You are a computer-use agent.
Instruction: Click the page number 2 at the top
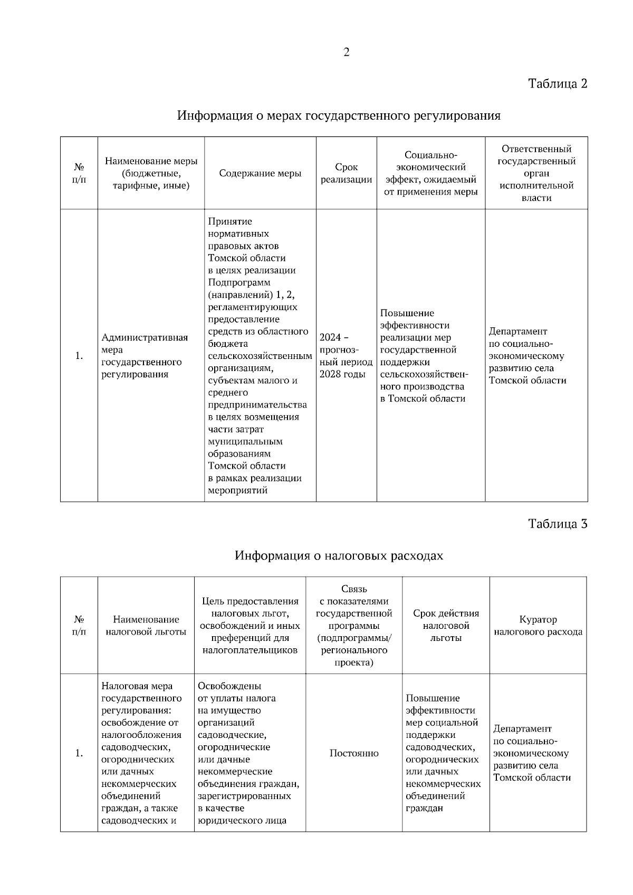pos(346,52)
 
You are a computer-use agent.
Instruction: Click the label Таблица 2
pos(558,83)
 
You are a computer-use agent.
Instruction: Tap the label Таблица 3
pos(558,523)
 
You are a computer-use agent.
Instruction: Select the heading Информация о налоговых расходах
pos(339,556)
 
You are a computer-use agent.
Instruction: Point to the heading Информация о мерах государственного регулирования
pos(339,115)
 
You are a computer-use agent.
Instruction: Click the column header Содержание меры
pos(260,173)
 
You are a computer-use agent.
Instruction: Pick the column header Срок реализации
pos(346,173)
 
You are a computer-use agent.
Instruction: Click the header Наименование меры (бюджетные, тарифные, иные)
pos(151,173)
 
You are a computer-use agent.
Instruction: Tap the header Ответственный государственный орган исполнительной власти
pos(536,173)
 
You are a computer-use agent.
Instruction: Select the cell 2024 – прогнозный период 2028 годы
pos(346,356)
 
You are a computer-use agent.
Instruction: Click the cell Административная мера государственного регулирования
pos(145,356)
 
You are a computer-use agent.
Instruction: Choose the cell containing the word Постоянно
pos(353,753)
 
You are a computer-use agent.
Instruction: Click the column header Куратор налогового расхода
pos(538,626)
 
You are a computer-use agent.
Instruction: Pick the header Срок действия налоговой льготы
pos(446,626)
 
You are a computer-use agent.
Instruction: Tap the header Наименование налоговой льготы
pos(146,626)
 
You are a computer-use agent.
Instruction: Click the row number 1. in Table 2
pos(79,356)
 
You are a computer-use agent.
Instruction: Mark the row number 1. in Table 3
pos(79,753)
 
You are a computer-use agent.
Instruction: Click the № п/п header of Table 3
pos(79,626)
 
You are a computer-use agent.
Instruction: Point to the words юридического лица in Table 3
pos(242,820)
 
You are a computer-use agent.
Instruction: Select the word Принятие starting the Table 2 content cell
pos(230,221)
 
